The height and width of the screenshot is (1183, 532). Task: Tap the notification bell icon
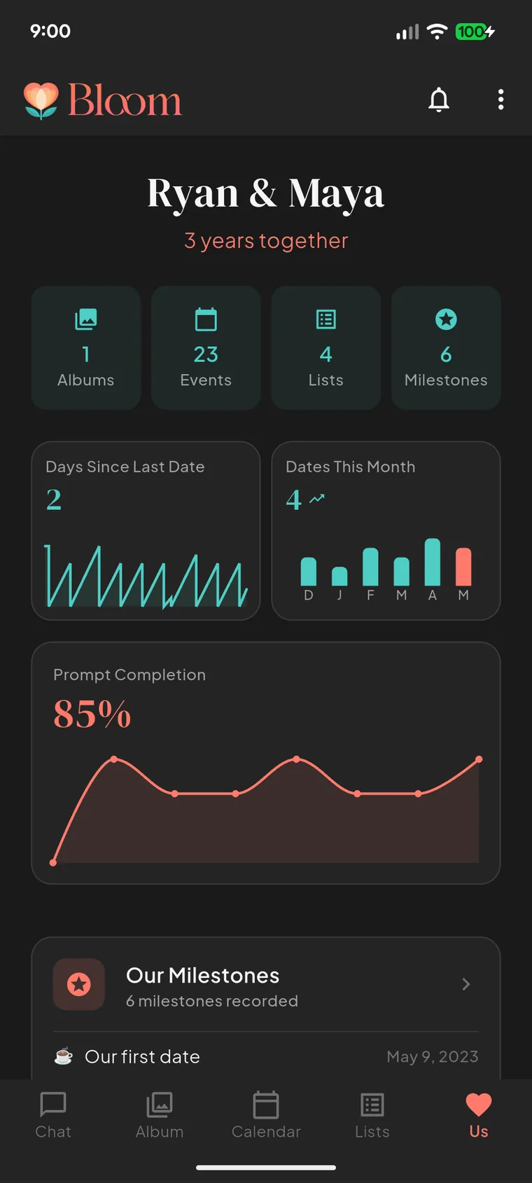pyautogui.click(x=439, y=99)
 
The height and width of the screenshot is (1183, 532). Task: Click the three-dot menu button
pyautogui.click(x=501, y=99)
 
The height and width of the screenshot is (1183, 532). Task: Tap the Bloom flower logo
pyautogui.click(x=41, y=100)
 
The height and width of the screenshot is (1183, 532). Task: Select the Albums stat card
pyautogui.click(x=86, y=347)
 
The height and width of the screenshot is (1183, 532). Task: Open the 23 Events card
pyautogui.click(x=206, y=347)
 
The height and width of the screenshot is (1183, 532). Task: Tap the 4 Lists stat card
pyautogui.click(x=326, y=347)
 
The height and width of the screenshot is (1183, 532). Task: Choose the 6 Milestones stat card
pyautogui.click(x=446, y=347)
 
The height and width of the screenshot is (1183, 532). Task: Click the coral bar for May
pyautogui.click(x=463, y=567)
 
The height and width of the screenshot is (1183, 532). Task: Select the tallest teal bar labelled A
pyautogui.click(x=433, y=562)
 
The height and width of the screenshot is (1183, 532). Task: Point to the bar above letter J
pyautogui.click(x=339, y=576)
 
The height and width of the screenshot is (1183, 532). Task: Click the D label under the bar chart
pyautogui.click(x=309, y=595)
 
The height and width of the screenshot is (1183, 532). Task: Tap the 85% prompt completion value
pyautogui.click(x=92, y=714)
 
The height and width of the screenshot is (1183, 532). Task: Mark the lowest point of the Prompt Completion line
pyautogui.click(x=53, y=862)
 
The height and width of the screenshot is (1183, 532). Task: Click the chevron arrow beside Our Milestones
pyautogui.click(x=466, y=984)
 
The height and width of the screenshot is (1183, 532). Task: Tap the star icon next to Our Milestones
pyautogui.click(x=79, y=984)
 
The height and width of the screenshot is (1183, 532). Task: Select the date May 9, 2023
pyautogui.click(x=433, y=1056)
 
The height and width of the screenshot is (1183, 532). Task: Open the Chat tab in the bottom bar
pyautogui.click(x=53, y=1115)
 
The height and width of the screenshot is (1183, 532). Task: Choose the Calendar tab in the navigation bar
pyautogui.click(x=266, y=1115)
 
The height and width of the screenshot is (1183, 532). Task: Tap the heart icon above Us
pyautogui.click(x=479, y=1105)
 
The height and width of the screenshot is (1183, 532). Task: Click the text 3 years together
pyautogui.click(x=266, y=241)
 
